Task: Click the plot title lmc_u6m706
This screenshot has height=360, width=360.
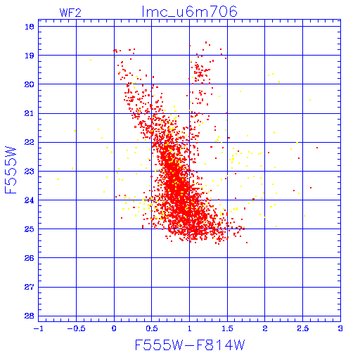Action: [x=190, y=12]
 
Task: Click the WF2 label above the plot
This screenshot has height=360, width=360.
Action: [x=70, y=13]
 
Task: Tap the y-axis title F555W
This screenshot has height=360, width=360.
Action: [x=11, y=170]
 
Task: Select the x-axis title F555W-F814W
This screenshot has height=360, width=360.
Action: [x=190, y=345]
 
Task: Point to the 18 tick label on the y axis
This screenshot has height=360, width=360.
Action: [x=30, y=27]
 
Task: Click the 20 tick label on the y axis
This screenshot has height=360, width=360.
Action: [x=30, y=84]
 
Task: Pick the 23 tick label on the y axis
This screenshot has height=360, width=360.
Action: [x=30, y=172]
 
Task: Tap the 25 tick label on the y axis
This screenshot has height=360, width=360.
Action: [x=30, y=229]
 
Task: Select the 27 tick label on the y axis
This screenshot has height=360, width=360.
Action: [x=30, y=287]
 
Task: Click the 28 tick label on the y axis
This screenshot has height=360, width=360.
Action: [x=30, y=316]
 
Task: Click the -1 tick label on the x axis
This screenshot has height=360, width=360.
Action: [x=39, y=328]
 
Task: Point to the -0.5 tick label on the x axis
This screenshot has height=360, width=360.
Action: [x=76, y=328]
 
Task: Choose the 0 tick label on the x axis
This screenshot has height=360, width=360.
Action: [x=114, y=328]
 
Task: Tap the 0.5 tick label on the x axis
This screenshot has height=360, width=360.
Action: [x=152, y=328]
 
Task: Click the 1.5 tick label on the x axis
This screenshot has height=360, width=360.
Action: [x=227, y=328]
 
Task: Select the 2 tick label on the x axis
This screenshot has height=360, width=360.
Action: [x=265, y=328]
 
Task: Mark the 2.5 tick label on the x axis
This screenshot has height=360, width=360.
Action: [x=303, y=328]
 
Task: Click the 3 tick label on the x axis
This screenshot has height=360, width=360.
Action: [x=340, y=328]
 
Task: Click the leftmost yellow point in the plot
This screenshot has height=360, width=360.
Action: [x=58, y=179]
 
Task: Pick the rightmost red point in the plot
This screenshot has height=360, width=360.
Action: [x=317, y=148]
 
